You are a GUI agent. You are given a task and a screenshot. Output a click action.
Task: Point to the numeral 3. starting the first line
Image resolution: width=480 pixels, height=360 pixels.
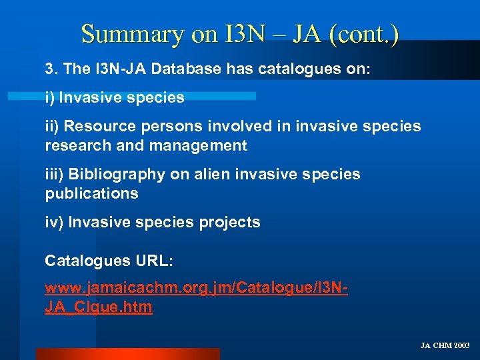(51, 69)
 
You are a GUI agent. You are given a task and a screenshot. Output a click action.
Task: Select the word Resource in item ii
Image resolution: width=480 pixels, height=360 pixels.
(99, 126)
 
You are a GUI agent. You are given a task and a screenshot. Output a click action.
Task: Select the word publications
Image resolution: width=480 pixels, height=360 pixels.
(91, 194)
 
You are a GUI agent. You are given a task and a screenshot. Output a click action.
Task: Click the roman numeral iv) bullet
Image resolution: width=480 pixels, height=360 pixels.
(54, 223)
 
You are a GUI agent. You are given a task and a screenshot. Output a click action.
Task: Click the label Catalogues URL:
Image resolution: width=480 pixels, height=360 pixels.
(109, 261)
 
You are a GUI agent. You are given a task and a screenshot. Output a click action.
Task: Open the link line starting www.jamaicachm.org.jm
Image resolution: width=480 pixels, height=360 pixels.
(197, 289)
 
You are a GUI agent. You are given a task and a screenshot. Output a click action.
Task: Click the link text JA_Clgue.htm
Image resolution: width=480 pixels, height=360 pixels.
(99, 307)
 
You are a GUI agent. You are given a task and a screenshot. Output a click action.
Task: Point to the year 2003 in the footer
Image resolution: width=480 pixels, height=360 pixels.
(461, 345)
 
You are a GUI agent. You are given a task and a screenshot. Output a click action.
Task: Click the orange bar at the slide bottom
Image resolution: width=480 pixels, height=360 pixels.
(127, 354)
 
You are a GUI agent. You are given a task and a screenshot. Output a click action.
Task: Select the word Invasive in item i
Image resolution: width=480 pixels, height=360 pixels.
(87, 97)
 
